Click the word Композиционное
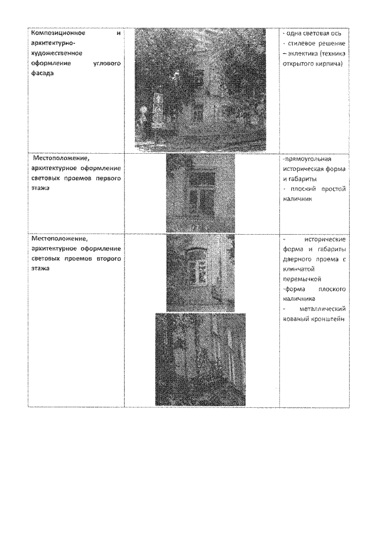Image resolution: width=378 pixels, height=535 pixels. [54, 33]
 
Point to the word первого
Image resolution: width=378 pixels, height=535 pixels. [108, 178]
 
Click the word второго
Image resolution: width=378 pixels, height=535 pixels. [108, 259]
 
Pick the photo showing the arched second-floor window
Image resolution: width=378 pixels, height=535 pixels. [200, 273]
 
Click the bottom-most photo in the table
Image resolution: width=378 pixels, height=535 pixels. [200, 359]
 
